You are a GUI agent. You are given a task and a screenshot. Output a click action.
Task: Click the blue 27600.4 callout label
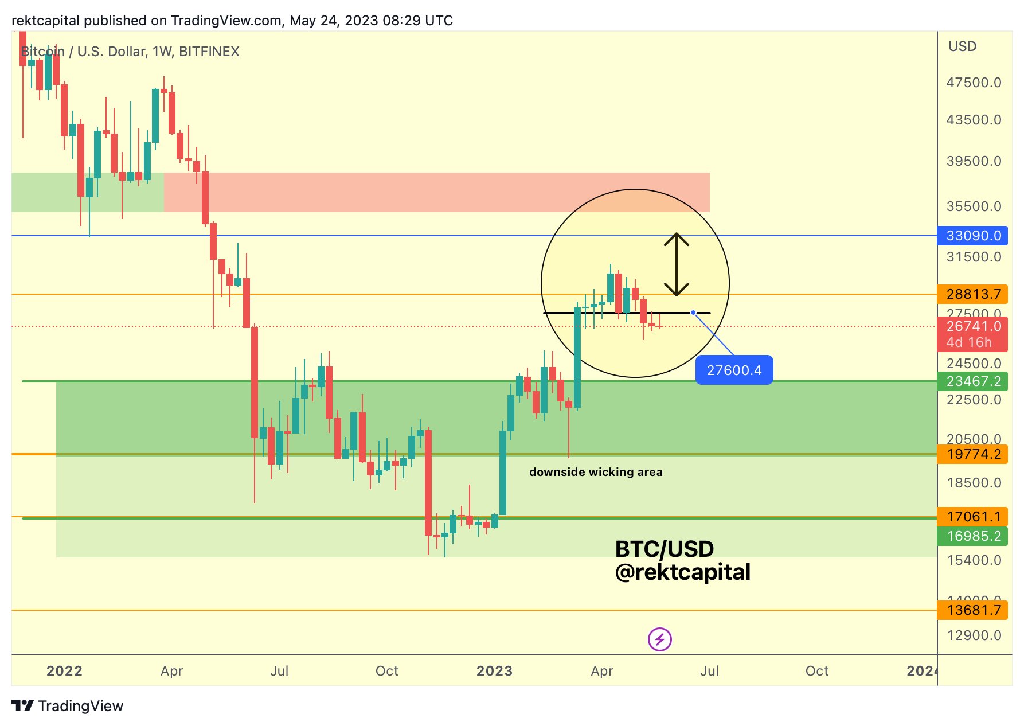734,370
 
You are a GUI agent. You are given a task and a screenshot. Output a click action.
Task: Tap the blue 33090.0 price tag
972,236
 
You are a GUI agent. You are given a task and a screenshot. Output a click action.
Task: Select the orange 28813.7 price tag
972,294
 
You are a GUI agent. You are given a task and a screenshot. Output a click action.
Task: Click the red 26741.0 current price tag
972,327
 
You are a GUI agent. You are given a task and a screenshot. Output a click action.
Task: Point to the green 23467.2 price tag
972,381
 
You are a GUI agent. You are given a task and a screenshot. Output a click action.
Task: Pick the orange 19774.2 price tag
972,454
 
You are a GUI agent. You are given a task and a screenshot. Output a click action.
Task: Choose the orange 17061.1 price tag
972,517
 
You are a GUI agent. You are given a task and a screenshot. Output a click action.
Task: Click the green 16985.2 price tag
972,536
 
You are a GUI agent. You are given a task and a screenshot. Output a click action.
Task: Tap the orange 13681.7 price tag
972,610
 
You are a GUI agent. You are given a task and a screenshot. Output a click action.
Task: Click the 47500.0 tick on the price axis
974,83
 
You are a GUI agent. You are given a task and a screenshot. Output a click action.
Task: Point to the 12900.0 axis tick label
974,635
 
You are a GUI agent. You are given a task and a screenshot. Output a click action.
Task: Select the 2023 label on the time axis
494,671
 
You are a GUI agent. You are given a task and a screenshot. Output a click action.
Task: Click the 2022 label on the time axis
64,671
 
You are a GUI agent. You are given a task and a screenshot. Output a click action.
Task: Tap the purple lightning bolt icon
659,639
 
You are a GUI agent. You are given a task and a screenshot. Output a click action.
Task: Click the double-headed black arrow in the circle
677,264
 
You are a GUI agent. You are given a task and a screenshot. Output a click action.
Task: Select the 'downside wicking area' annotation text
596,472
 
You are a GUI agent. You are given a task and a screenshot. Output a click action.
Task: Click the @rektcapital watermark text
682,572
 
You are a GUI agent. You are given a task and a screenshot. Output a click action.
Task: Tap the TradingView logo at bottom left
68,706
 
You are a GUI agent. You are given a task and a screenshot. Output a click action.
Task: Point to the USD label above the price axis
962,46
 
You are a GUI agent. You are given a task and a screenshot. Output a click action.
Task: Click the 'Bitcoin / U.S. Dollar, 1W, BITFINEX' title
130,52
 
